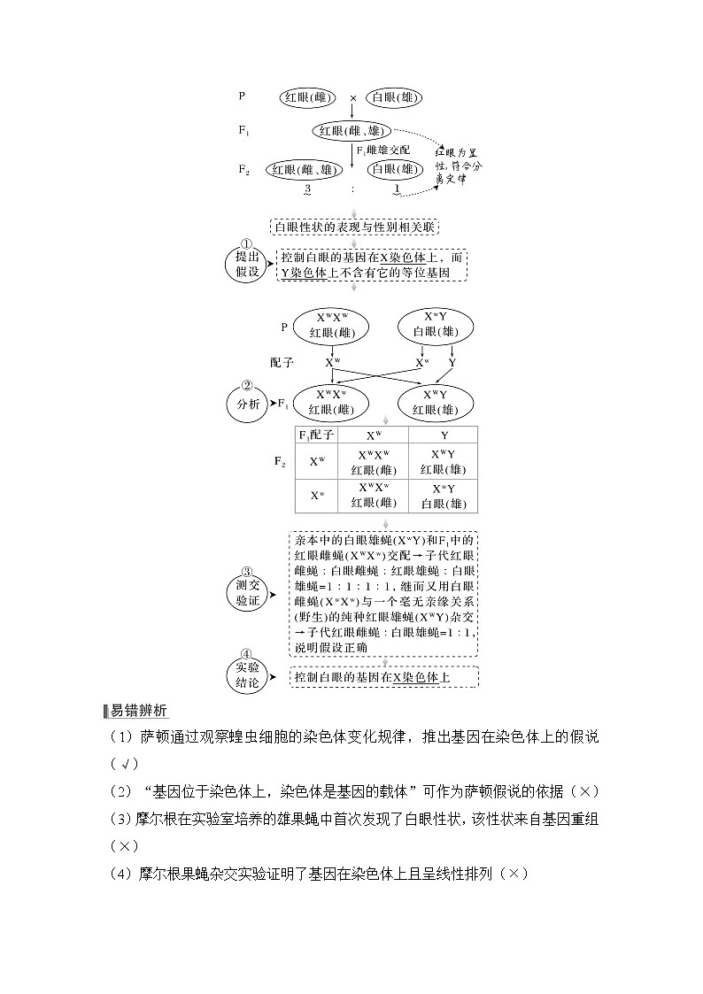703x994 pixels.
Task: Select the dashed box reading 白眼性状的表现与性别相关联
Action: pyautogui.click(x=354, y=227)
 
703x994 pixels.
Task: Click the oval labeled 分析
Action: pyautogui.click(x=248, y=404)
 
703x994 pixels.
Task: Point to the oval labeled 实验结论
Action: pyautogui.click(x=248, y=675)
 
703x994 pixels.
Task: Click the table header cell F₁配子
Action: pyautogui.click(x=316, y=435)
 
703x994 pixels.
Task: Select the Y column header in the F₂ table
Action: pyautogui.click(x=444, y=435)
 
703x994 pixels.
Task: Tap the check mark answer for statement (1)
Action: pyautogui.click(x=127, y=764)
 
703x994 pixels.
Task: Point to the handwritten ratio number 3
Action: pyautogui.click(x=307, y=189)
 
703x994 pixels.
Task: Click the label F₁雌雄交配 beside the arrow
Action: pyautogui.click(x=382, y=150)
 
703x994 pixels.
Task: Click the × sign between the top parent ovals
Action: pyautogui.click(x=352, y=98)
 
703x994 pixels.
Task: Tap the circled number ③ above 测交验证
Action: pyautogui.click(x=248, y=572)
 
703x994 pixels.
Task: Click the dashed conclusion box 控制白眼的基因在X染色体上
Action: pyautogui.click(x=382, y=677)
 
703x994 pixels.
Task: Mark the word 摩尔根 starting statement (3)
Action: pyautogui.click(x=160, y=819)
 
